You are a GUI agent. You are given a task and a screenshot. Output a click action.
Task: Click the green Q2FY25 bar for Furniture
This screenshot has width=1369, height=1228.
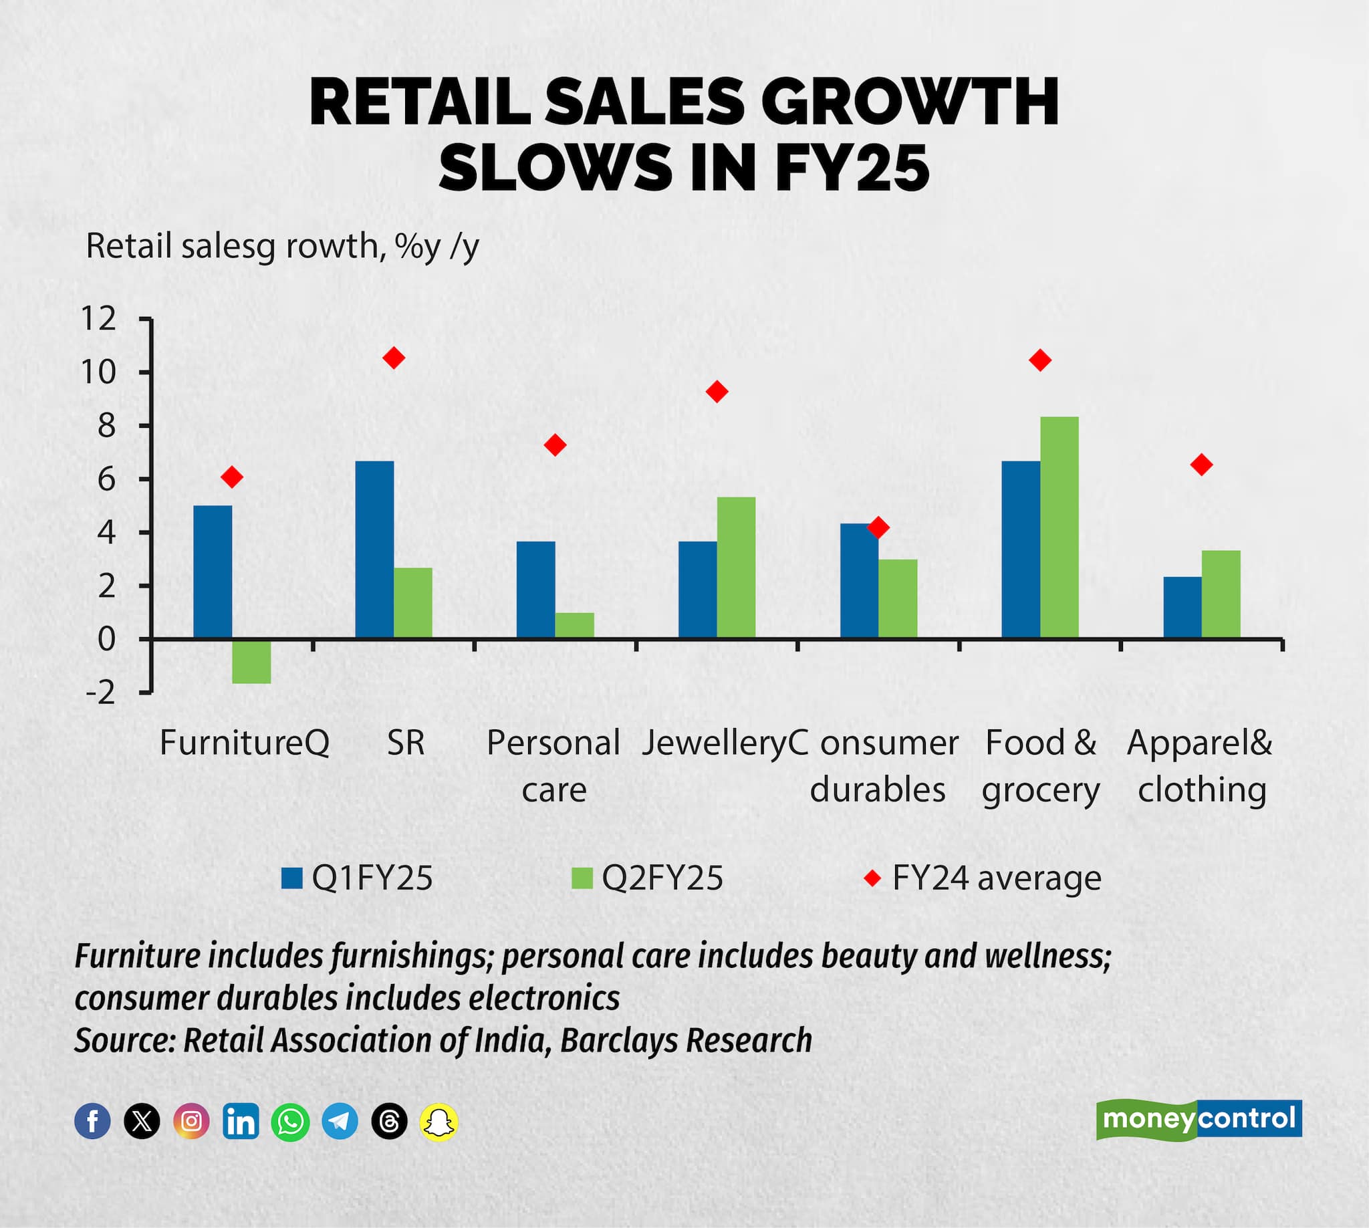tap(251, 660)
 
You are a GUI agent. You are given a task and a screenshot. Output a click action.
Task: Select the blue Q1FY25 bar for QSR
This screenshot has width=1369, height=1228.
tap(374, 549)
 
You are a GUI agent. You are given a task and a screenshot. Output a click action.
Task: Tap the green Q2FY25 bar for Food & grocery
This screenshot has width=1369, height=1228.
tap(1059, 527)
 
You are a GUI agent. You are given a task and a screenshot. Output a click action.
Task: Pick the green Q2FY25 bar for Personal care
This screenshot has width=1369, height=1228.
tap(574, 625)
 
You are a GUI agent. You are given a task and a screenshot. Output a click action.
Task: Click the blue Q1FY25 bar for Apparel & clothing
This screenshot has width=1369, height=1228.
tap(1182, 607)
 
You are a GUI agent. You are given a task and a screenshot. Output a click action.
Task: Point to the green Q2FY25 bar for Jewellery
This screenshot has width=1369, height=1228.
tap(735, 567)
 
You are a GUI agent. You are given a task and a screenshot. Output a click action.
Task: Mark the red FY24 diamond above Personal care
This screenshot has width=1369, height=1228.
tap(555, 445)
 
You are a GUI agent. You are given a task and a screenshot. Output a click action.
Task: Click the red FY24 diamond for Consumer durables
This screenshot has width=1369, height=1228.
tap(878, 527)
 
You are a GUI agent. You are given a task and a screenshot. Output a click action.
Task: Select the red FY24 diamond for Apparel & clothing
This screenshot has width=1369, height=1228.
tap(1201, 464)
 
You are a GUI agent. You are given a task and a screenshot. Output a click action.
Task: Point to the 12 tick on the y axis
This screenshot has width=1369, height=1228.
tap(98, 318)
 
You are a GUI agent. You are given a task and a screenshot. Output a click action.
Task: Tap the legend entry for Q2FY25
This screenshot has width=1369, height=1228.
tap(647, 878)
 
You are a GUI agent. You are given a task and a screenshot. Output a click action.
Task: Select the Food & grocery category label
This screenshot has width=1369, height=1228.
tap(1040, 766)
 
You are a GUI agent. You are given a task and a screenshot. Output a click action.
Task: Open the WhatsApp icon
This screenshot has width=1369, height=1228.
tap(290, 1122)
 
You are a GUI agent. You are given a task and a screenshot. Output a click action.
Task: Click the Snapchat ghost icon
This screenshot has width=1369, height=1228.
tap(439, 1122)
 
